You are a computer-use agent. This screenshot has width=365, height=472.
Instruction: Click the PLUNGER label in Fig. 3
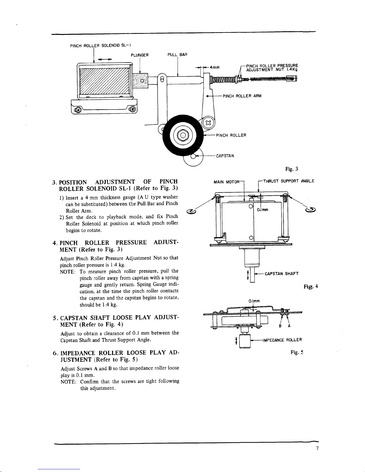[x=139, y=55]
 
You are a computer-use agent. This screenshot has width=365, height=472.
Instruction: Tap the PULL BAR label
[x=177, y=54]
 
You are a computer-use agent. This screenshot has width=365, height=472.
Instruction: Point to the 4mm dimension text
[x=215, y=67]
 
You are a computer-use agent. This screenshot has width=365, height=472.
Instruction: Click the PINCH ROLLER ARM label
[x=242, y=96]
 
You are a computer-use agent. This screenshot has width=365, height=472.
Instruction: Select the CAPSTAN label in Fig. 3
[x=225, y=156]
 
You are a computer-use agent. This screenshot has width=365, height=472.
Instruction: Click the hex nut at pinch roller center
[x=183, y=135]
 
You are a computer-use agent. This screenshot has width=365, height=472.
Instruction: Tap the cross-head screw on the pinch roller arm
[x=208, y=123]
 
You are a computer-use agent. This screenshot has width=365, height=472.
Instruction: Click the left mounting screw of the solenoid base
[x=78, y=110]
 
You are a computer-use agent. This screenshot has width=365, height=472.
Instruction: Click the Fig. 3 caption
[x=292, y=169]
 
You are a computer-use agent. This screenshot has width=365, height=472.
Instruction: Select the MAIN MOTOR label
[x=226, y=182]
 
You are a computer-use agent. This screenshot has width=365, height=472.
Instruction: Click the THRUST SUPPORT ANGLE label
[x=289, y=181]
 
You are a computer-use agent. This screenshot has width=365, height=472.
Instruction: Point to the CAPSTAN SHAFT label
[x=282, y=273]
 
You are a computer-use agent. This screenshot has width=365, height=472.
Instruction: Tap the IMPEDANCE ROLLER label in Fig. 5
[x=282, y=340]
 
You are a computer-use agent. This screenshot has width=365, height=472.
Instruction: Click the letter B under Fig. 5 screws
[x=280, y=326]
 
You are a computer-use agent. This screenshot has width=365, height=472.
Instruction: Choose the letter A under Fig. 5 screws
[x=289, y=326]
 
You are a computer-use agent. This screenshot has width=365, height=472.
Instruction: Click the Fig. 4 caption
[x=311, y=286]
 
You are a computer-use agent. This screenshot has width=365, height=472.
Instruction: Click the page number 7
[x=317, y=448]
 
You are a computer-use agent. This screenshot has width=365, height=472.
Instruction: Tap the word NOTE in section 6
[x=68, y=382]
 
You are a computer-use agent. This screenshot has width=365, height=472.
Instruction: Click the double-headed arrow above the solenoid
[x=105, y=59]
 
